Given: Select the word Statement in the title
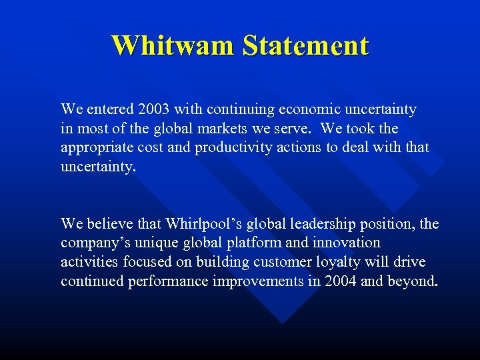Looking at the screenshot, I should click(305, 45).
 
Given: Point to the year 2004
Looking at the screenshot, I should click(339, 281).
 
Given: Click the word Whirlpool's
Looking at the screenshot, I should click(203, 223).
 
